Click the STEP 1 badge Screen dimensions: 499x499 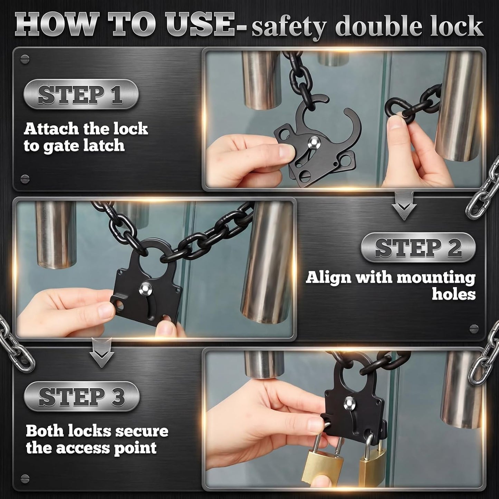tap(81, 94)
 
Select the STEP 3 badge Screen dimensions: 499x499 tap(81, 396)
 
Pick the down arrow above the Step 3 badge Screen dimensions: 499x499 tap(102, 353)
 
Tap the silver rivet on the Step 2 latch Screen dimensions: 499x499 tap(144, 289)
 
